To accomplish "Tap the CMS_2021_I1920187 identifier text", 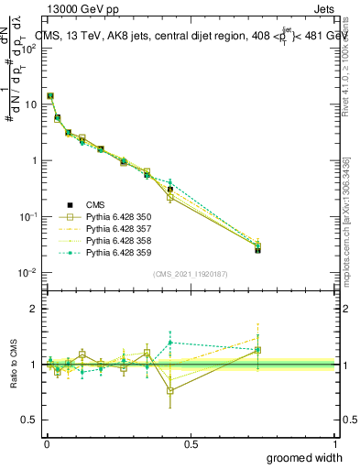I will coord(191,274).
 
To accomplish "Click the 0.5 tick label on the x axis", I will coord(191,443).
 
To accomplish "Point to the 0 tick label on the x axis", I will coord(46,443).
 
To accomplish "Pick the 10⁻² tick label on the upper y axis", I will coord(29,273).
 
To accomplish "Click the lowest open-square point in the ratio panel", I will coord(170,390).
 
